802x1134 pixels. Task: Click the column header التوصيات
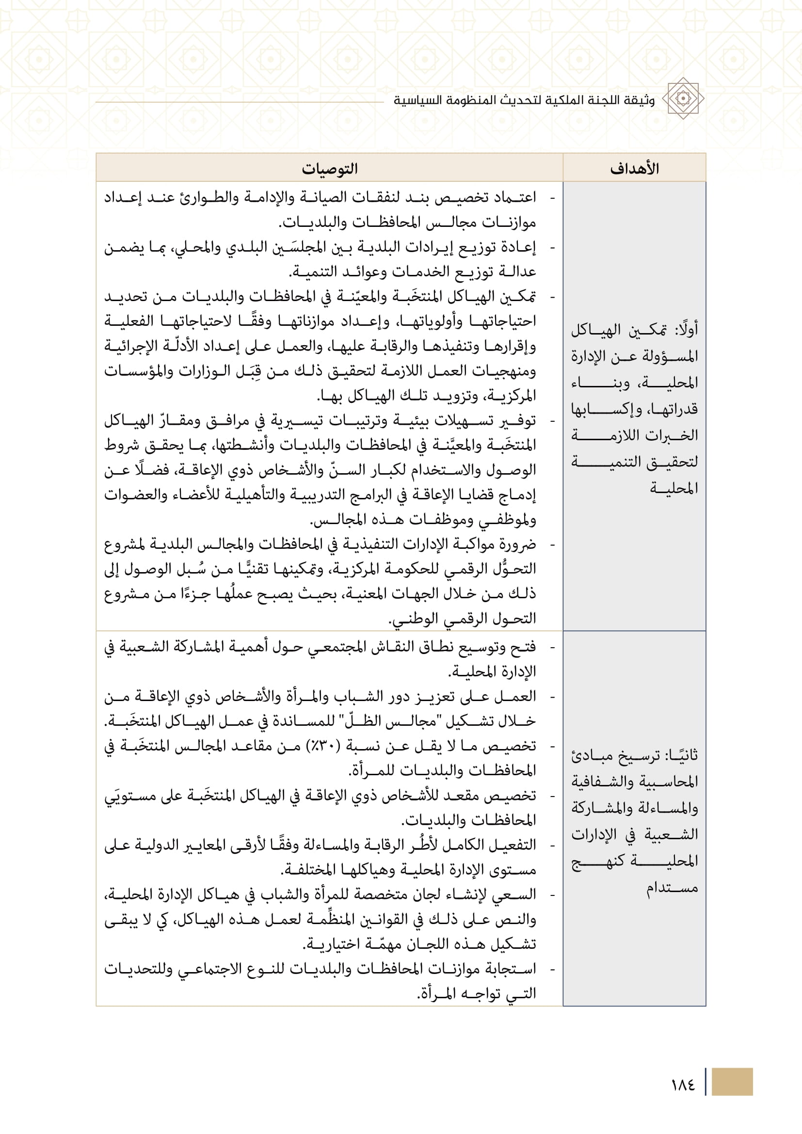(329, 168)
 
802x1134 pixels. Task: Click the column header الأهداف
(634, 168)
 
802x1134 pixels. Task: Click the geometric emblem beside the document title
(683, 99)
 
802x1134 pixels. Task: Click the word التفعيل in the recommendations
(514, 845)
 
